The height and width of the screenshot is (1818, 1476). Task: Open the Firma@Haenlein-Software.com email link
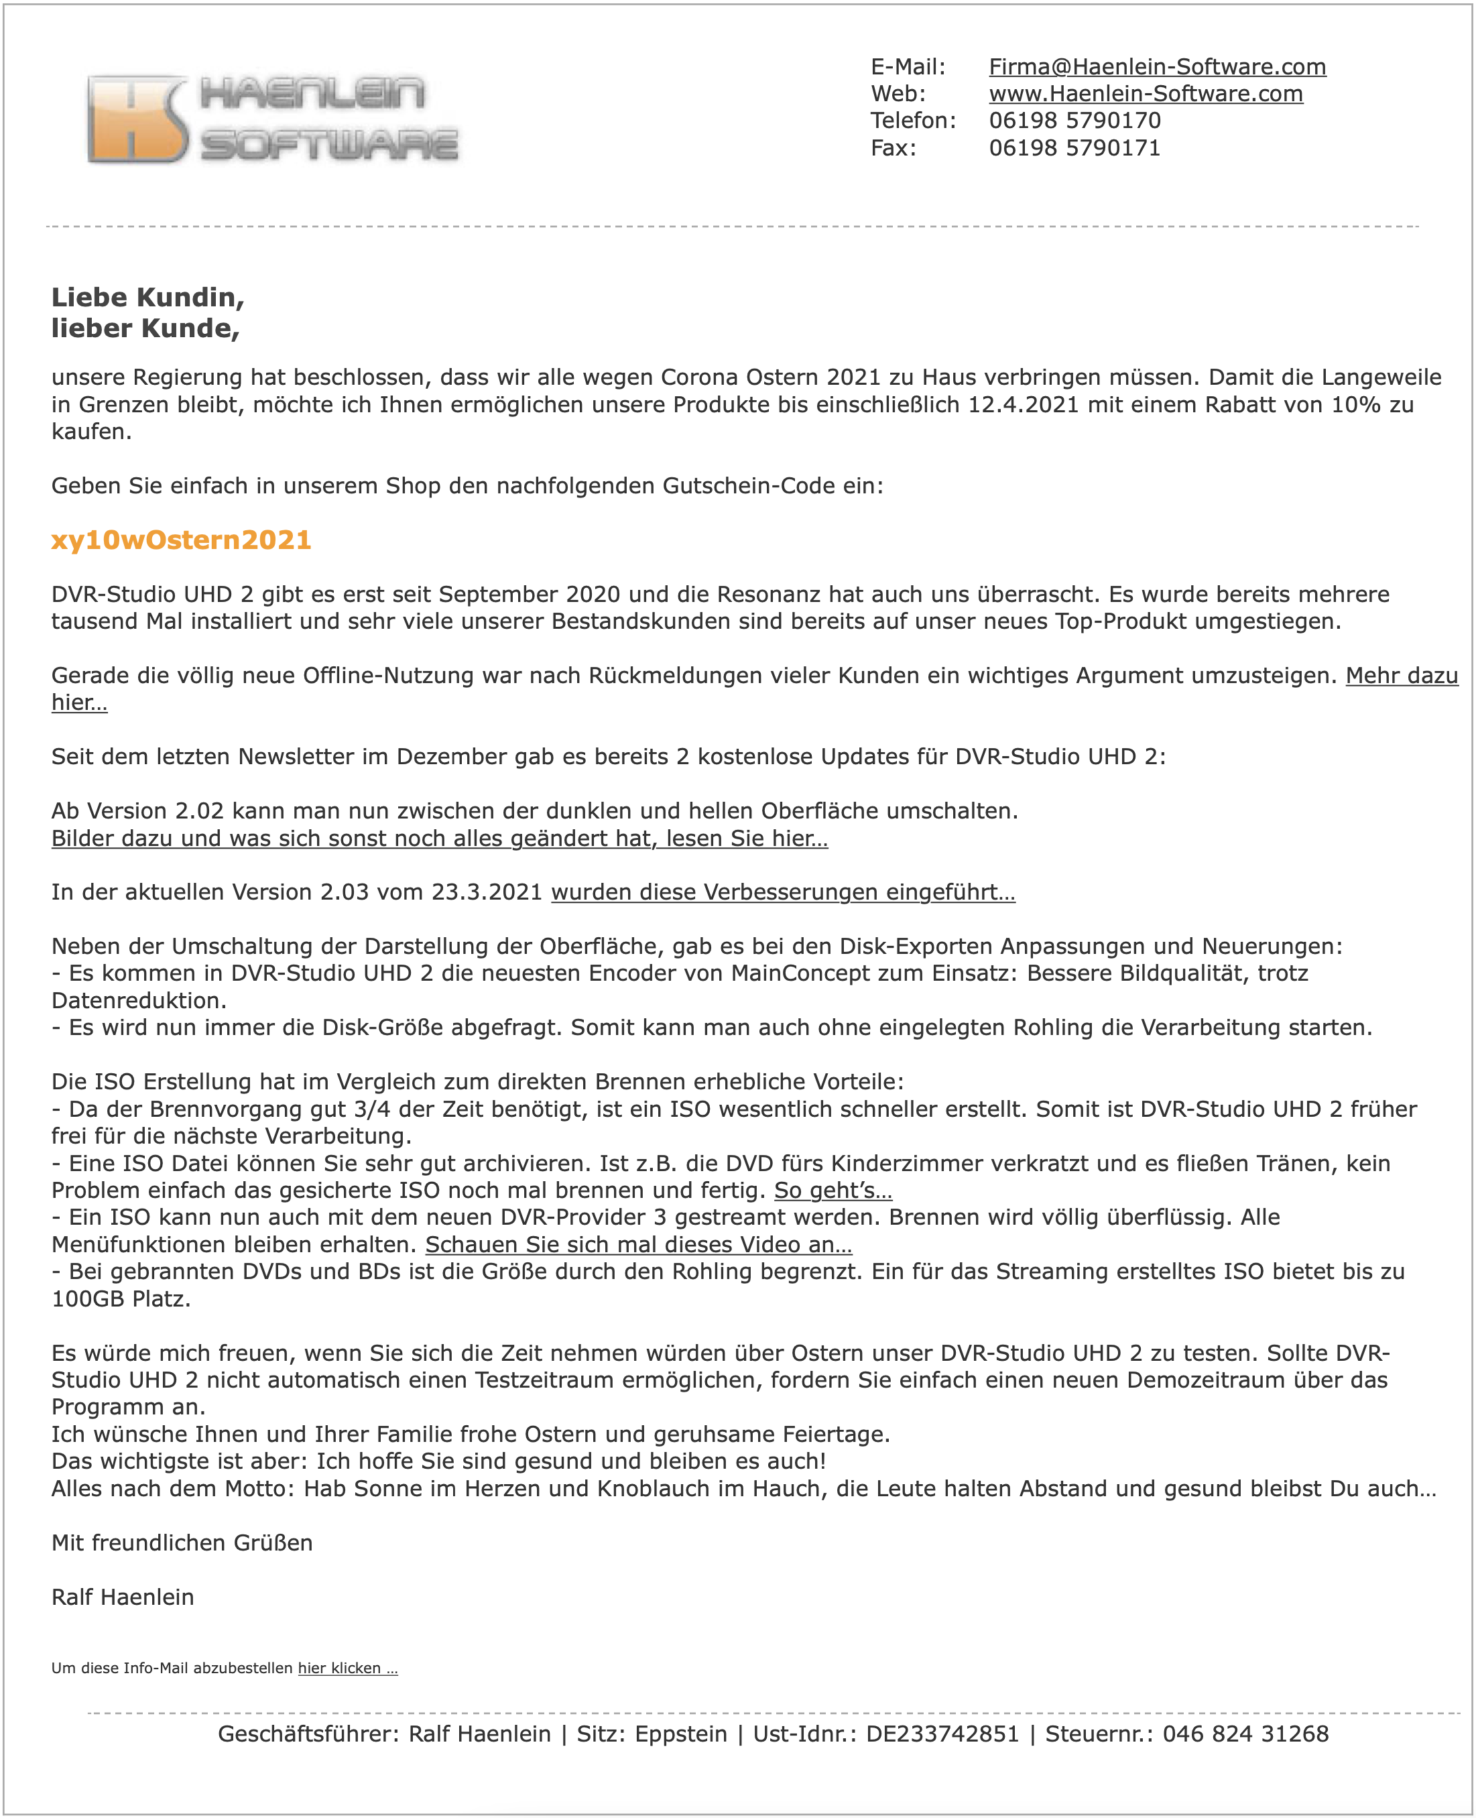(1156, 67)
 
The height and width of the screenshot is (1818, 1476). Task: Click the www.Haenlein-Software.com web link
(1146, 95)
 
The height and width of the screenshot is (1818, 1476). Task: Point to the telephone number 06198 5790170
(1074, 121)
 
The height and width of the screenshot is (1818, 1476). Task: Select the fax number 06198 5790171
(1074, 148)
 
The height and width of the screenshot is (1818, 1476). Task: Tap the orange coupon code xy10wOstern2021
(181, 540)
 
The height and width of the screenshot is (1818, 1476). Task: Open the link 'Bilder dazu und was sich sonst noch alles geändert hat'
(439, 839)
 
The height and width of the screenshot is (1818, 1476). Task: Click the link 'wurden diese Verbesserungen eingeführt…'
(782, 892)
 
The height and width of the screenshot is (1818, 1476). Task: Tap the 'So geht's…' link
(833, 1191)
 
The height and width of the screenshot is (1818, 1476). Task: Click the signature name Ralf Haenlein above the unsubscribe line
(123, 1597)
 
